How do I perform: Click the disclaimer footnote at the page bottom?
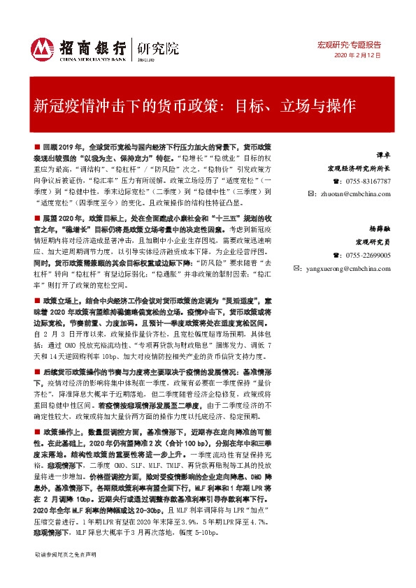pos(66,573)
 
